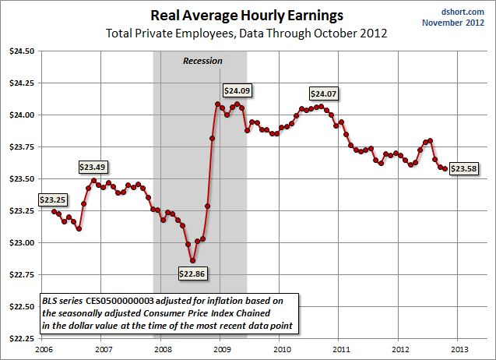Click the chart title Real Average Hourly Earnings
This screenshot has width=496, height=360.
[248, 15]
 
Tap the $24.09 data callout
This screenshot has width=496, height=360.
[238, 90]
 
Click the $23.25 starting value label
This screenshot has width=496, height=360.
[53, 199]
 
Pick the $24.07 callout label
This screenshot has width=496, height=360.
[325, 94]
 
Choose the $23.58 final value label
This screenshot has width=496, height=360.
[465, 168]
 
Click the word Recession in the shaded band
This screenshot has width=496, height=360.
[202, 61]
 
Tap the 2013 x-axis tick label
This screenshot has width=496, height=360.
[459, 348]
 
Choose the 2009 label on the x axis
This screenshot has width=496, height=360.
[220, 348]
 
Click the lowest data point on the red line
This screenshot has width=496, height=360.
[192, 260]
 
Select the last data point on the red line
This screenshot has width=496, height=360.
[445, 168]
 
